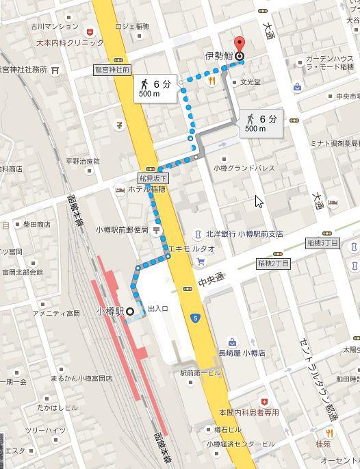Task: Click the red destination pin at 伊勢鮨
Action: (x=239, y=42)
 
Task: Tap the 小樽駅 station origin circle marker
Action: (x=129, y=312)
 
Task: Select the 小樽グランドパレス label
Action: (x=244, y=168)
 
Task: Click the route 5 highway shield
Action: (x=196, y=318)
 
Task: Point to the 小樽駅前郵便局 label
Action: (x=122, y=230)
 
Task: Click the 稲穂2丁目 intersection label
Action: (x=274, y=263)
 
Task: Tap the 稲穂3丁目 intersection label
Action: (x=323, y=243)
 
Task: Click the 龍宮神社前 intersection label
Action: (x=112, y=70)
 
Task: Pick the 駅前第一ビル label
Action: (x=201, y=373)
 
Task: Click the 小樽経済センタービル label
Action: (x=241, y=444)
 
